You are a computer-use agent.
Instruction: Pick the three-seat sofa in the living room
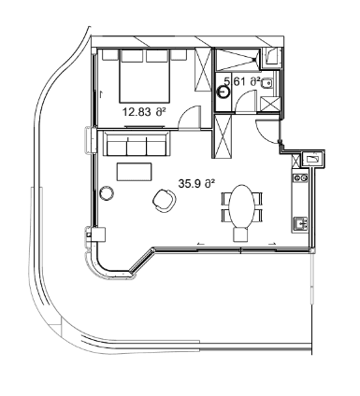[137, 146]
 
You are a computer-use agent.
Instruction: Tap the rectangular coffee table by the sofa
[134, 171]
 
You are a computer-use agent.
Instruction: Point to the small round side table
[107, 192]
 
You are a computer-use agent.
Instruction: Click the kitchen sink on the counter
[300, 222]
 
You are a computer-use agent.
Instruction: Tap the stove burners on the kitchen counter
[299, 175]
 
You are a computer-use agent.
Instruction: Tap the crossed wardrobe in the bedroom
[200, 71]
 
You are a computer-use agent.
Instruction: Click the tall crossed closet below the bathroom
[223, 136]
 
